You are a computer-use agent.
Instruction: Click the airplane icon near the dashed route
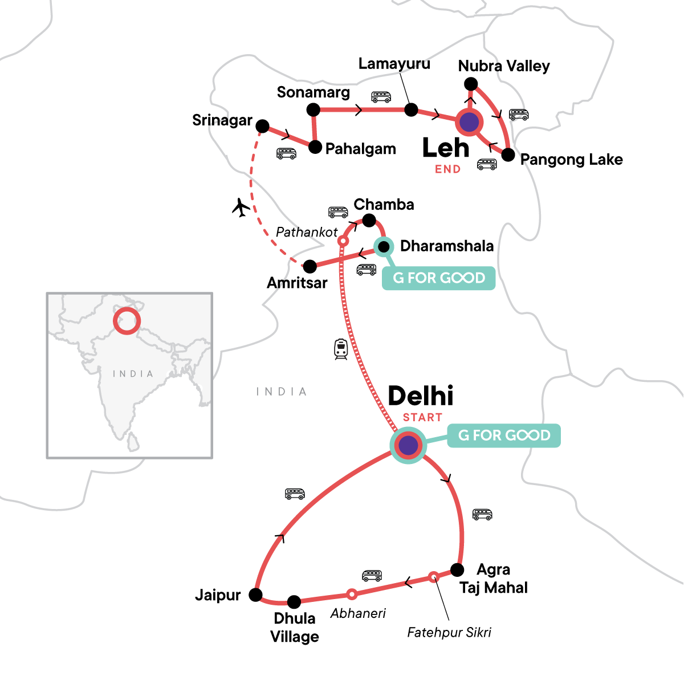pyautogui.click(x=242, y=207)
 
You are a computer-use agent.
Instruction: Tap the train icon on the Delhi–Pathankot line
pyautogui.click(x=341, y=349)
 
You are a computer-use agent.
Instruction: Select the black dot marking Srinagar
pyautogui.click(x=262, y=126)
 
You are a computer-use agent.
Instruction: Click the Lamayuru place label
pyautogui.click(x=394, y=64)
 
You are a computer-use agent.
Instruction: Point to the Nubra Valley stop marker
pyautogui.click(x=471, y=84)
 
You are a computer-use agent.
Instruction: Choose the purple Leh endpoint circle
pyautogui.click(x=469, y=122)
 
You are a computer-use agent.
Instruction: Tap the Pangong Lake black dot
pyautogui.click(x=508, y=154)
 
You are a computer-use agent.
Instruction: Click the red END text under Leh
pyautogui.click(x=447, y=169)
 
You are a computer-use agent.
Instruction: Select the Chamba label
pyautogui.click(x=384, y=205)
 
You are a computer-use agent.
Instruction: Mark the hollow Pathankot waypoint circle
pyautogui.click(x=343, y=241)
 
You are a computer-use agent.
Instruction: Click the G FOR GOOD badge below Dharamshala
pyautogui.click(x=438, y=278)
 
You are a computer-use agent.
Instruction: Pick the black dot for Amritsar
pyautogui.click(x=310, y=266)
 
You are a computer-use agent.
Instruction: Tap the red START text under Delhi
pyautogui.click(x=422, y=417)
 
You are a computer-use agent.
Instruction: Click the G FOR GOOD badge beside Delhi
pyautogui.click(x=504, y=435)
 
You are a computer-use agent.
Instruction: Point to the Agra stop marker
pyautogui.click(x=457, y=569)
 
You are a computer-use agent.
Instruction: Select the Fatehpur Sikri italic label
pyautogui.click(x=449, y=632)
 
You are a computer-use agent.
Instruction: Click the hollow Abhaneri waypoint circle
pyautogui.click(x=352, y=594)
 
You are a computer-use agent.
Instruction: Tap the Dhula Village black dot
pyautogui.click(x=294, y=601)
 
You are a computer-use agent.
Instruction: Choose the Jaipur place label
pyautogui.click(x=218, y=596)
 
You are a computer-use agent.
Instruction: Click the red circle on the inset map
pyautogui.click(x=127, y=321)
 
